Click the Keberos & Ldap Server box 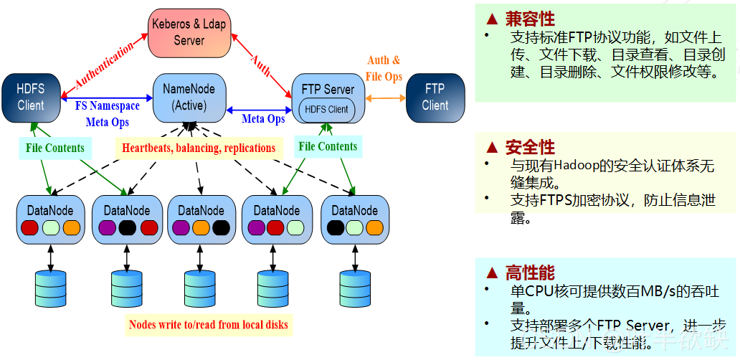click(189, 33)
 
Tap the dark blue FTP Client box click(435, 97)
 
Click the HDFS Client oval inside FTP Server click(327, 110)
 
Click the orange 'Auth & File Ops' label click(384, 69)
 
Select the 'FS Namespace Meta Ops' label click(108, 114)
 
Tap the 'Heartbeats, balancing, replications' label click(199, 148)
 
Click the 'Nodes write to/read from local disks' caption click(209, 325)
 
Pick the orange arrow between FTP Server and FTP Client click(385, 97)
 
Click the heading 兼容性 click(530, 19)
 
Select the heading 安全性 click(530, 147)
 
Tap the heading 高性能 click(530, 273)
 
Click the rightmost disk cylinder click(353, 288)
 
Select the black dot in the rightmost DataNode click(334, 228)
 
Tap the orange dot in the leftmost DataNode click(72, 228)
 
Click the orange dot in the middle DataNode click(201, 228)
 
